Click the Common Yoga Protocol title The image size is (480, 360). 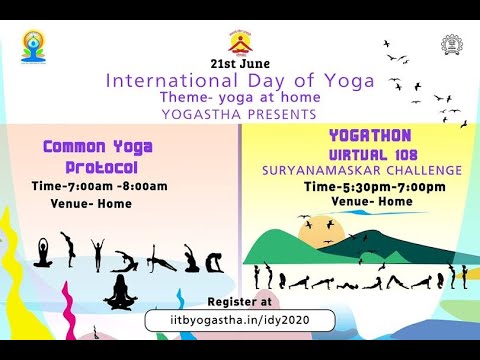click(x=98, y=157)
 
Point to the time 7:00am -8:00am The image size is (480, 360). click(x=113, y=186)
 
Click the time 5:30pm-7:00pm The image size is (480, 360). click(x=375, y=187)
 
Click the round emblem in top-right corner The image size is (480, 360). click(x=451, y=45)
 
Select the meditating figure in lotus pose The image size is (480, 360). click(x=120, y=292)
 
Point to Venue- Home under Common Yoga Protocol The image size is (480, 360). click(x=91, y=203)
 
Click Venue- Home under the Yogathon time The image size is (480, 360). click(x=372, y=202)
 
